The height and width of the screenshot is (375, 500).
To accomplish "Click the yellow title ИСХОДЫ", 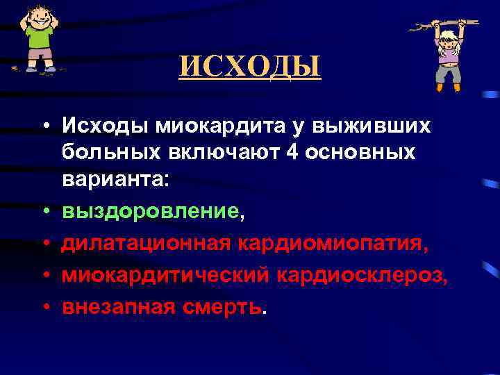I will pyautogui.click(x=250, y=67).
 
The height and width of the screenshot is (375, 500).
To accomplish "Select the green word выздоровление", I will pyautogui.click(x=150, y=211).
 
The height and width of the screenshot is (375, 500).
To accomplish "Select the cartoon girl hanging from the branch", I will pyautogui.click(x=447, y=56).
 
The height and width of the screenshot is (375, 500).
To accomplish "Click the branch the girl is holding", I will pyautogui.click(x=431, y=26).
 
